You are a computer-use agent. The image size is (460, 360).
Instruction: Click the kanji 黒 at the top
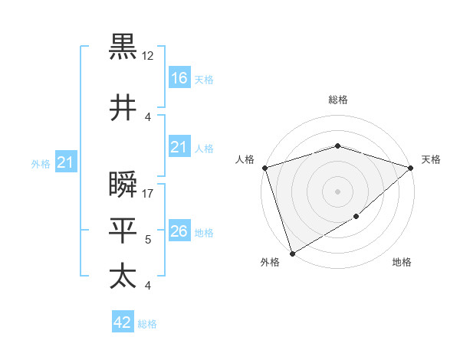(123, 47)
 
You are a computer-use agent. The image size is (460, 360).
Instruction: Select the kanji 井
(123, 108)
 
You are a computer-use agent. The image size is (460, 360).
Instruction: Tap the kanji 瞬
(123, 185)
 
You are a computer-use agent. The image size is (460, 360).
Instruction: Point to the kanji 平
(123, 229)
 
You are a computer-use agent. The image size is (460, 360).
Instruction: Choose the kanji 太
(123, 276)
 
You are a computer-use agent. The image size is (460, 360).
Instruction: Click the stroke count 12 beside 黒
(148, 56)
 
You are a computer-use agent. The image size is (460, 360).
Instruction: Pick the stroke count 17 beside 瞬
(148, 194)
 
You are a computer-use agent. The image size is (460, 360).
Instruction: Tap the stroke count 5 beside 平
(148, 240)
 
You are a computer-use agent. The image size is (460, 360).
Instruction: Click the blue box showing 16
(179, 78)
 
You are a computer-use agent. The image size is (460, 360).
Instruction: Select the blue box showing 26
(179, 231)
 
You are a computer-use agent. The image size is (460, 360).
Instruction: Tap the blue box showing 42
(123, 322)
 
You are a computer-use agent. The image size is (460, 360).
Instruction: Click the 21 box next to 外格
(66, 162)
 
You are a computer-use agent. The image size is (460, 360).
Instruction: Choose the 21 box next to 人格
(179, 147)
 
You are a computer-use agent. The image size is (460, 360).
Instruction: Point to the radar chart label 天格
(431, 159)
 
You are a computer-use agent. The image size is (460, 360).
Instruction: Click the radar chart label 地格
(402, 263)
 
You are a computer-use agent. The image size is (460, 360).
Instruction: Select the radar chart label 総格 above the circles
(338, 100)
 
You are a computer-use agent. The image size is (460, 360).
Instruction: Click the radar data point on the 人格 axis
(264, 168)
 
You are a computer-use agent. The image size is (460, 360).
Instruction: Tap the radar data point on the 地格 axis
(356, 217)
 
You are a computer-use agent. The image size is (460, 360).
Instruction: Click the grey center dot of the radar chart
(337, 191)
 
